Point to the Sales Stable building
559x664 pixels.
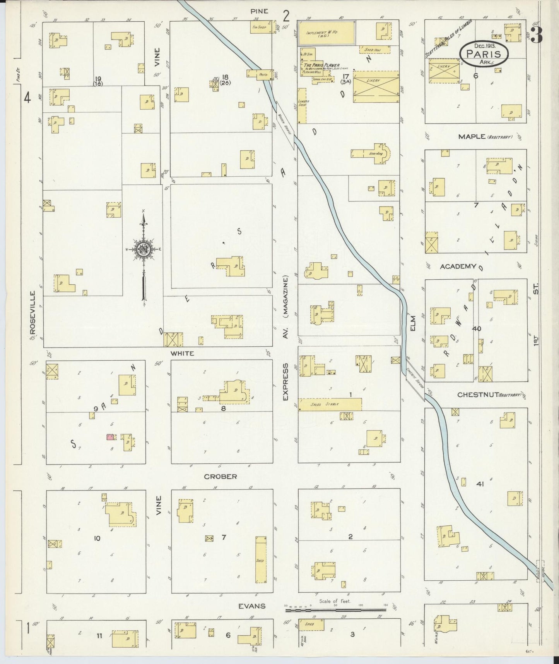[330, 404]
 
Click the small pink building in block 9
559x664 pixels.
[110, 437]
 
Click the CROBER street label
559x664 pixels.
[221, 476]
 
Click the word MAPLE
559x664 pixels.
[471, 136]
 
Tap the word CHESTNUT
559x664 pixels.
[476, 395]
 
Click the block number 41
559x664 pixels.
[480, 483]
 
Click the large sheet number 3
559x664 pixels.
[537, 35]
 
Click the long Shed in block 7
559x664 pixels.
[260, 560]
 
